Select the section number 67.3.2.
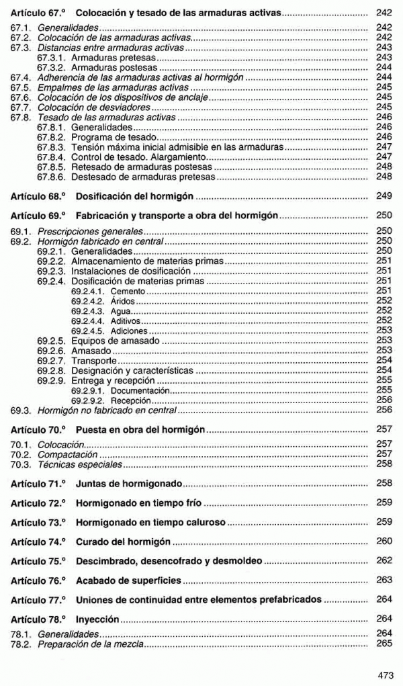(x=52, y=68)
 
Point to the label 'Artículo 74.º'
(x=38, y=541)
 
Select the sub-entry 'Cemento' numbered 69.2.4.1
(x=128, y=291)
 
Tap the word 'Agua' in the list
(x=121, y=311)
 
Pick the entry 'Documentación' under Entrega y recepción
(x=140, y=390)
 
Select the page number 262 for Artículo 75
(x=384, y=560)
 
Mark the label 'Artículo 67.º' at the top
(x=38, y=13)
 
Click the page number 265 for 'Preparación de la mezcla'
(x=384, y=644)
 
